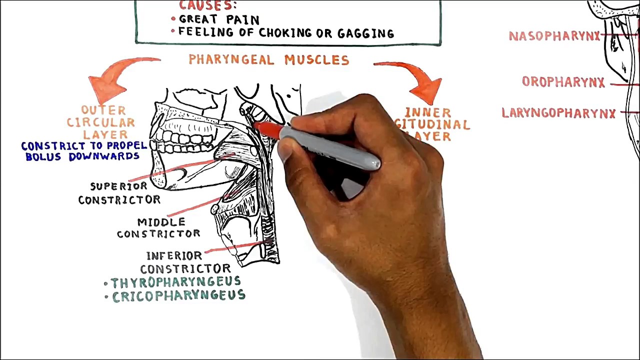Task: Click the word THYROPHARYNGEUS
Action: pos(175,282)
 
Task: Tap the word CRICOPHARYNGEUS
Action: pos(179,296)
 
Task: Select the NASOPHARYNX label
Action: pos(554,36)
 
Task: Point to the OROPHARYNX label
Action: pos(563,82)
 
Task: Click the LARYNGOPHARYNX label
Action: pos(558,113)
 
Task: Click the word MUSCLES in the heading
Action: pos(316,60)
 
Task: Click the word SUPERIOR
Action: pos(118,186)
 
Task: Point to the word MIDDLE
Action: pos(161,222)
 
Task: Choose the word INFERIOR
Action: pos(174,256)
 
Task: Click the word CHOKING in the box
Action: pos(287,33)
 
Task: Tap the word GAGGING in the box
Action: pos(365,33)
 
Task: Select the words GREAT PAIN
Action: pos(219,19)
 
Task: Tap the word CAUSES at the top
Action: pos(207,5)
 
